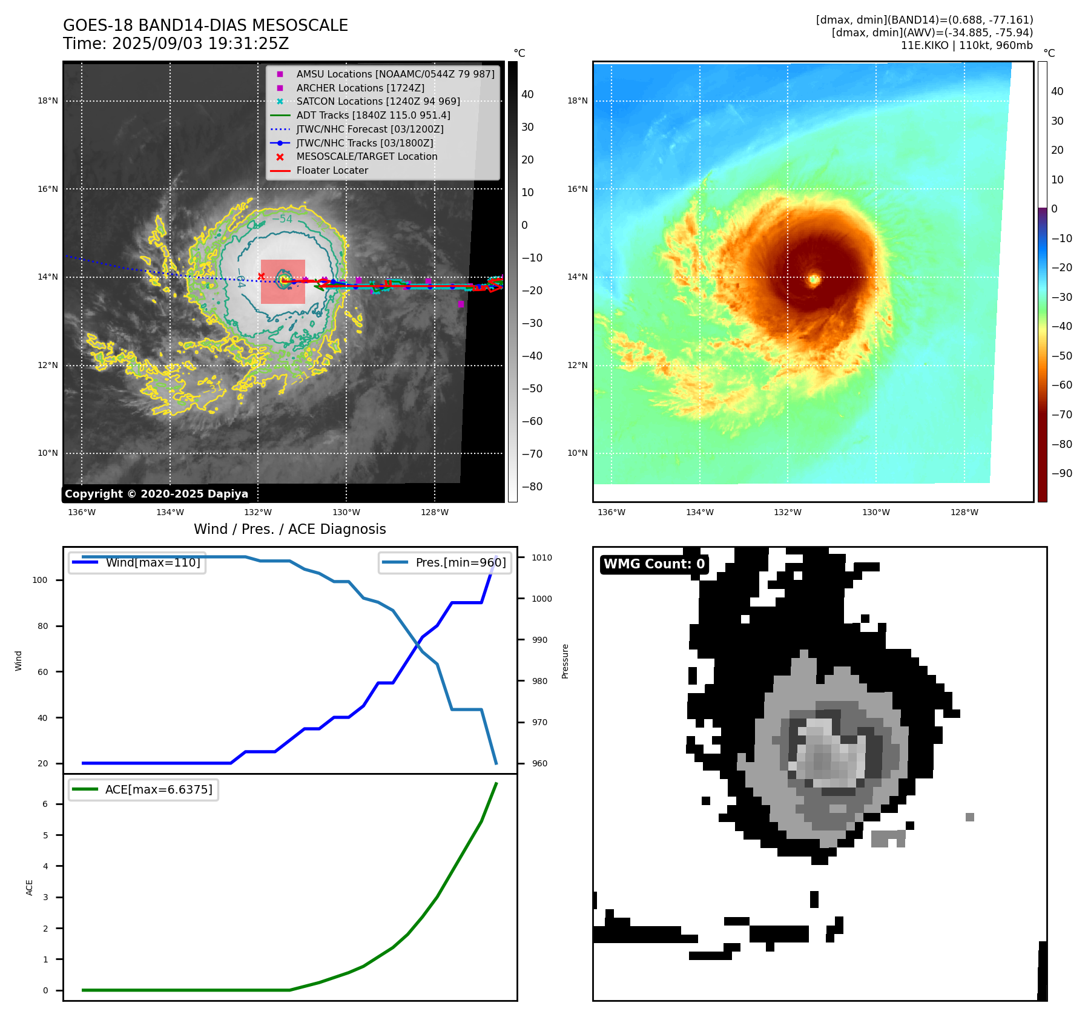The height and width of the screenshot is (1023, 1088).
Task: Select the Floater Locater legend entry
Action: point(332,171)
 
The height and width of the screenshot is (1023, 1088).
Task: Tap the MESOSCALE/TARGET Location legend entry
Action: point(366,157)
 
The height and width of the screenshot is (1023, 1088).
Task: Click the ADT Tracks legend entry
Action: point(373,115)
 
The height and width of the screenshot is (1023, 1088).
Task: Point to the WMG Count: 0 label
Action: point(654,564)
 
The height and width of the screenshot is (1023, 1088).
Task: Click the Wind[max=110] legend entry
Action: point(153,562)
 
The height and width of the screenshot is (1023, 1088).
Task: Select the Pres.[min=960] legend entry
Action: point(460,562)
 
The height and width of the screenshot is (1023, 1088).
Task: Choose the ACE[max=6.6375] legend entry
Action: point(159,789)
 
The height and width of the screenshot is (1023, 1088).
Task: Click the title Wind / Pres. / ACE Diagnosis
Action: point(289,529)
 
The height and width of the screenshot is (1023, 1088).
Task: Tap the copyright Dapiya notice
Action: point(156,494)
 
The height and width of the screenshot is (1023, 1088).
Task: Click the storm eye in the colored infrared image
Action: point(814,279)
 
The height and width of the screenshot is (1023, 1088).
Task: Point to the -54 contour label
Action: point(282,219)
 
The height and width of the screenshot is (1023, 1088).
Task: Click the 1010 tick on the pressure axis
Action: point(542,558)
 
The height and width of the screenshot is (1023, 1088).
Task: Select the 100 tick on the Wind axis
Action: point(39,580)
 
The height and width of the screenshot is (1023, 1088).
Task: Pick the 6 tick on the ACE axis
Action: point(45,804)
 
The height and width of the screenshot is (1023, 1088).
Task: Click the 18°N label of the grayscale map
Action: point(48,101)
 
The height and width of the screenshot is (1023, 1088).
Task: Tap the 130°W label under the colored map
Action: point(875,512)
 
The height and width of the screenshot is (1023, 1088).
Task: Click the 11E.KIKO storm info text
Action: point(966,45)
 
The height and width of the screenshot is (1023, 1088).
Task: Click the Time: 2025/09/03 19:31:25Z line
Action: point(176,44)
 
